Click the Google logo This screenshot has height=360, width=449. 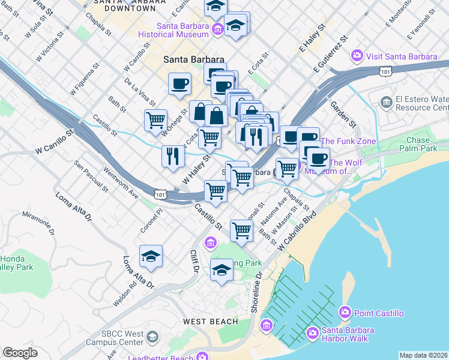(x=20, y=353)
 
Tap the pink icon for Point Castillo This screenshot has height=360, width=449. (x=345, y=313)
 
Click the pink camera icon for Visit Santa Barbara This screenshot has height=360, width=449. (x=358, y=56)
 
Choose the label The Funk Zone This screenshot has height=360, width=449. (x=348, y=142)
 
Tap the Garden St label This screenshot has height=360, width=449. (x=343, y=114)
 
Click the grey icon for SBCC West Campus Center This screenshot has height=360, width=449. (x=152, y=336)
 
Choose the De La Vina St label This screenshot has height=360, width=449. (x=140, y=91)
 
